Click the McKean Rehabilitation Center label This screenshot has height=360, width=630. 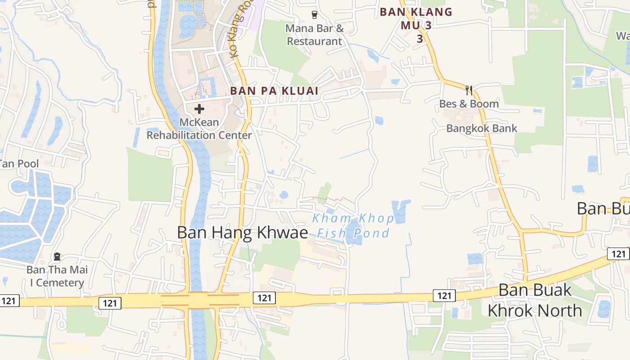199,129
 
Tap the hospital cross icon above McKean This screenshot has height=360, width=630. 199,108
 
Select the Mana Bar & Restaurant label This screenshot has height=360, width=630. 315,35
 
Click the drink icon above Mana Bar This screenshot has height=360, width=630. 315,14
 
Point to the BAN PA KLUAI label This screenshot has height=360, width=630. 274,91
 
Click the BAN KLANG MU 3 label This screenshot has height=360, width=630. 416,25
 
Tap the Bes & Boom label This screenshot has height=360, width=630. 469,104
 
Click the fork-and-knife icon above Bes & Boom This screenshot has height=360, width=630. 469,90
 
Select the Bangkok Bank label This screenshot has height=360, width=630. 481,128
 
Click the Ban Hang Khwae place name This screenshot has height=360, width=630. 242,233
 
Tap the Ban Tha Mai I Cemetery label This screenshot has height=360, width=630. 57,276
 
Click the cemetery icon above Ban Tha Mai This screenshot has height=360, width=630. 57,256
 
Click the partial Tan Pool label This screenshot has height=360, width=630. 19,164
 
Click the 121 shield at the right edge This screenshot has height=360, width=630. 618,254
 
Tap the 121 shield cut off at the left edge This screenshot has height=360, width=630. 9,301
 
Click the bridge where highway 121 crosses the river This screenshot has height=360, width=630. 198,300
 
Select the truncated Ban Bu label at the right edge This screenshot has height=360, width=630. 603,209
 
